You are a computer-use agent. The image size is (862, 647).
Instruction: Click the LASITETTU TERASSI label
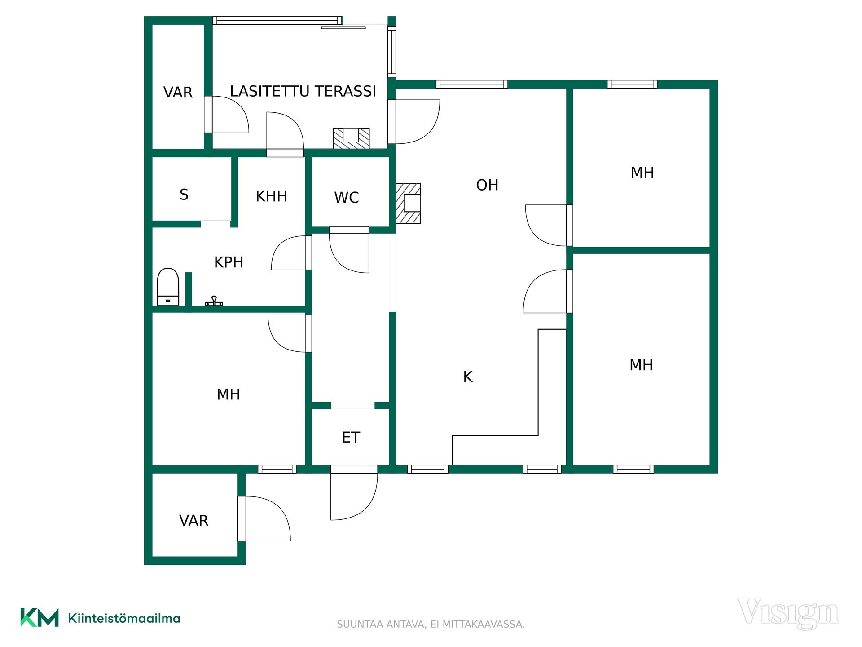click(303, 91)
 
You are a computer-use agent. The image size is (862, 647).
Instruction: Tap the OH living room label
click(487, 185)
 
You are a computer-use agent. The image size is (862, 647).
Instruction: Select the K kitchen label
click(468, 377)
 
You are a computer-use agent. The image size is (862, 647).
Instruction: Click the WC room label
click(347, 197)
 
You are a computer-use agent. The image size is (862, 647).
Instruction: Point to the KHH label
click(271, 196)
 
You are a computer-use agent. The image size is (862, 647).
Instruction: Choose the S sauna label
click(184, 195)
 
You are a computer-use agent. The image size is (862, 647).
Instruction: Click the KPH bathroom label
click(229, 262)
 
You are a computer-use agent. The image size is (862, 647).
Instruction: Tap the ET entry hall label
click(351, 437)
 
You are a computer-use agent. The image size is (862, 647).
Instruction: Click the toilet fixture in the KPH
click(168, 287)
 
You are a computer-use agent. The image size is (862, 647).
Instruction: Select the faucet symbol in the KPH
click(214, 301)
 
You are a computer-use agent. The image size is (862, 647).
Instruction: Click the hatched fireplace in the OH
click(409, 203)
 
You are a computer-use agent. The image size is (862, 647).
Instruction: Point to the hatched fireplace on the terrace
click(351, 138)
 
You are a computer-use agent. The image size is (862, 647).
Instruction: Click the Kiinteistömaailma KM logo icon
click(40, 617)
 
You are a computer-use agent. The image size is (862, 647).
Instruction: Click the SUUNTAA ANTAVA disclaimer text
click(431, 624)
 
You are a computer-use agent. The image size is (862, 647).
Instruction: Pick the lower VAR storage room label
click(194, 521)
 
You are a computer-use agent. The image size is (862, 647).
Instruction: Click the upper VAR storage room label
click(178, 92)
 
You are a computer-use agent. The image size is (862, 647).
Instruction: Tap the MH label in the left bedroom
click(229, 394)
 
